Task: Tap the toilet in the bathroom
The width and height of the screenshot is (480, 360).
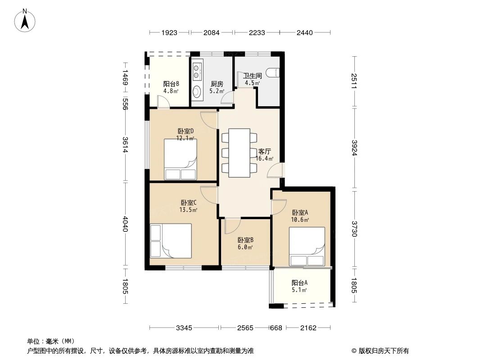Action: [274, 72]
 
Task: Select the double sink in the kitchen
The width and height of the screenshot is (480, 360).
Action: [197, 70]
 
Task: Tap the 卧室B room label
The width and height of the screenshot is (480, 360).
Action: [245, 240]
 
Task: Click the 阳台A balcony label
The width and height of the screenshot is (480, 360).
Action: [299, 283]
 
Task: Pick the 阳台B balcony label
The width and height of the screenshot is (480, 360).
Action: [171, 84]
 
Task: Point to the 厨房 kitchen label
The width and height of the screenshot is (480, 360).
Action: [217, 84]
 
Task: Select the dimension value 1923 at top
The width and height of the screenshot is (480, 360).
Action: [170, 32]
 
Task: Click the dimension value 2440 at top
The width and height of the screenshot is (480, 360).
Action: [305, 32]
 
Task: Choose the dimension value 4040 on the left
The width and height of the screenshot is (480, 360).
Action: [126, 224]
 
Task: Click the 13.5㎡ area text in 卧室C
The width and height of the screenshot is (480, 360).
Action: [188, 209]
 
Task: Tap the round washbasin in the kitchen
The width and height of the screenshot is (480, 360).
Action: [197, 92]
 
